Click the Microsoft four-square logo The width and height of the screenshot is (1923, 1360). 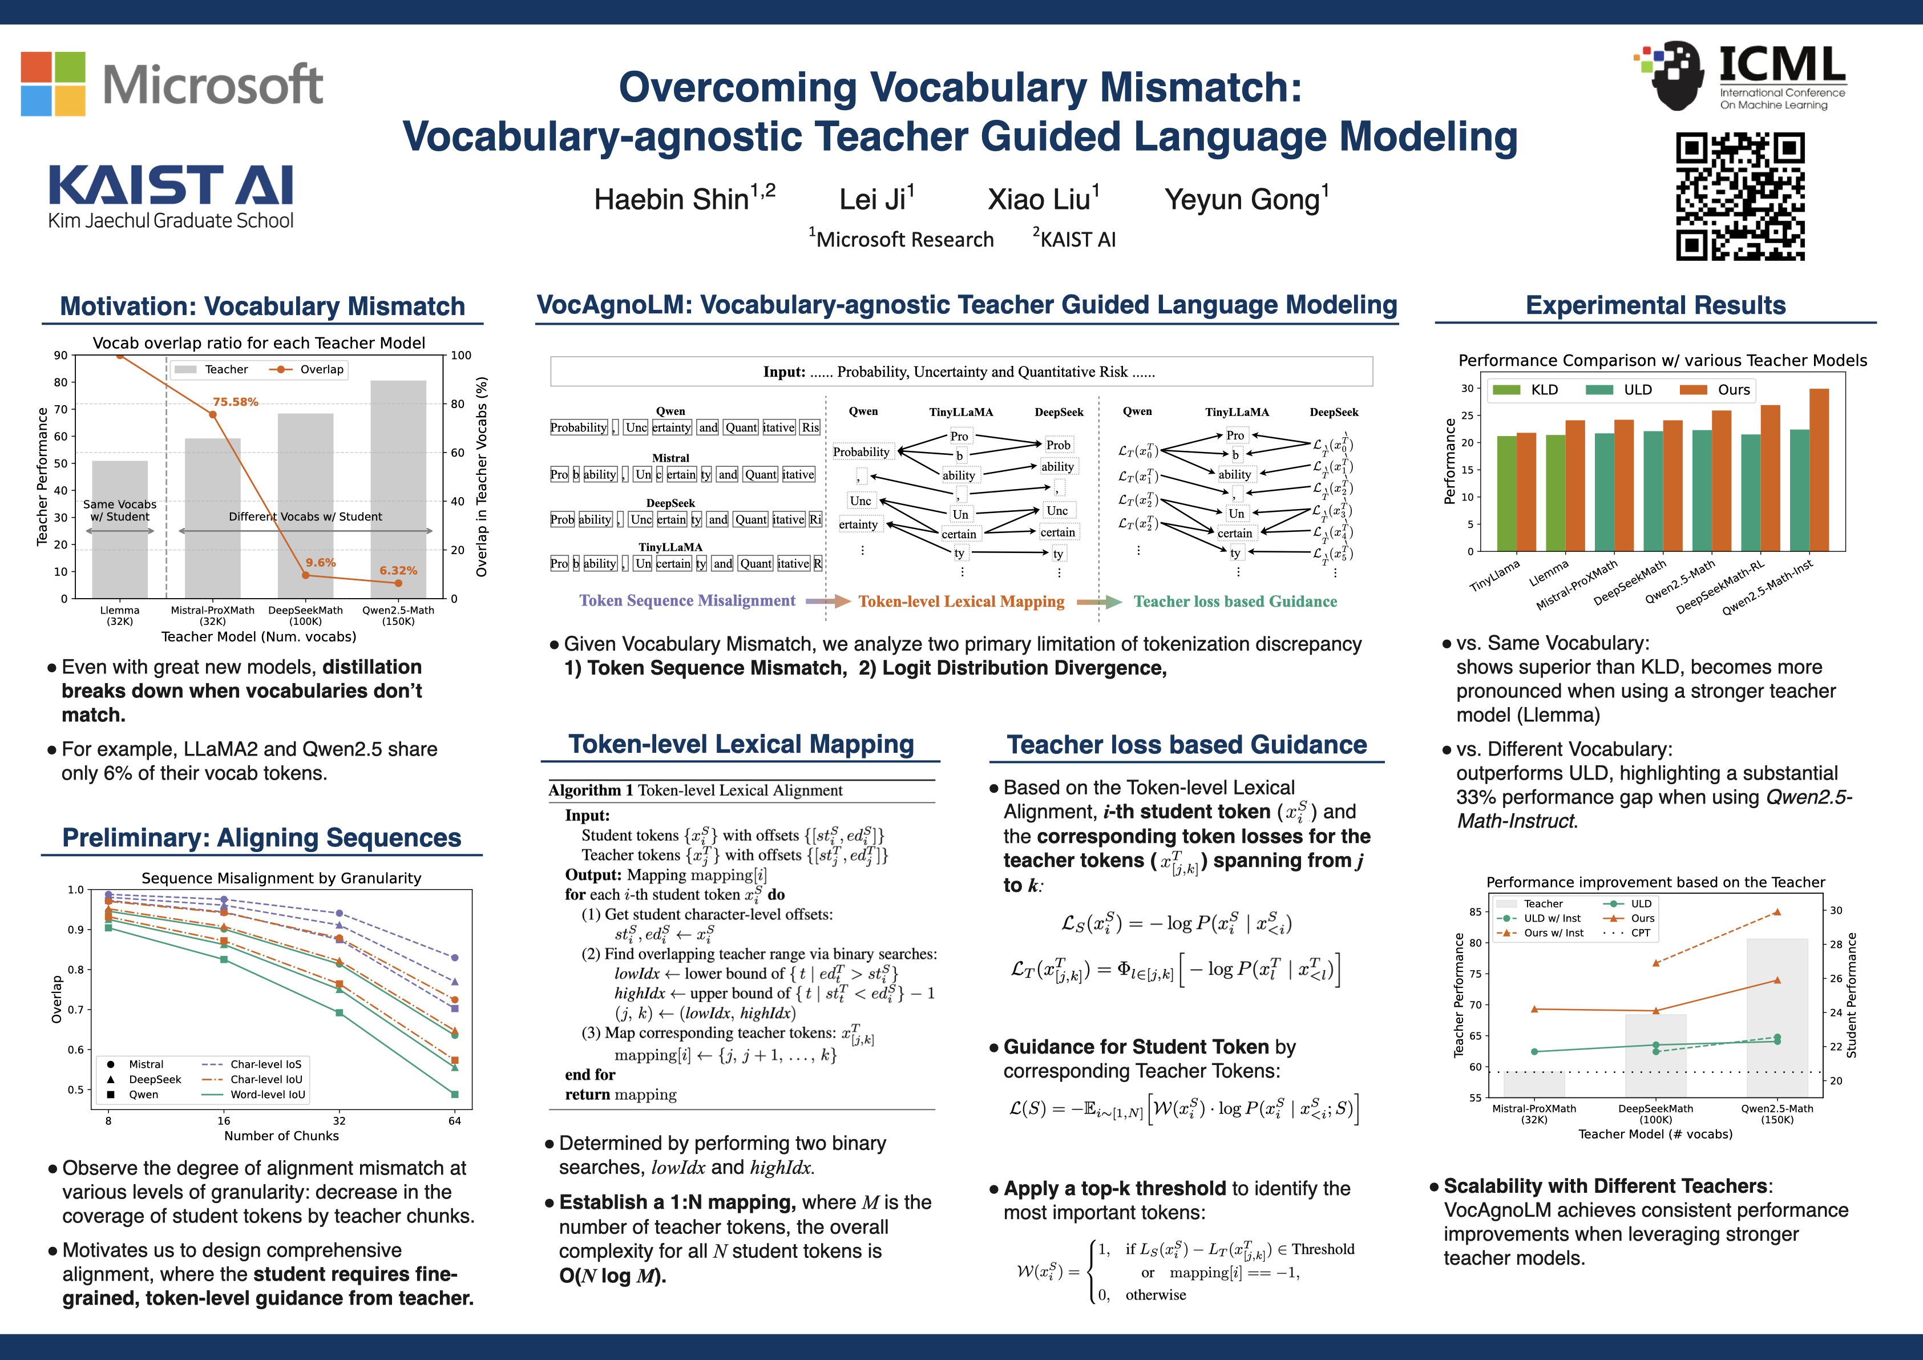pos(52,84)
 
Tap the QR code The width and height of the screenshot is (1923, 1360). pos(1740,197)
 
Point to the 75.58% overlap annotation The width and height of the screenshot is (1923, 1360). pos(235,402)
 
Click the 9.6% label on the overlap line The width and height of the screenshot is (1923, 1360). pos(320,563)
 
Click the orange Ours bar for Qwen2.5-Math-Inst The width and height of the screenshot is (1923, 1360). pos(1819,469)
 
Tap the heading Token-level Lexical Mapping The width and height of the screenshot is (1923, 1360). pos(741,744)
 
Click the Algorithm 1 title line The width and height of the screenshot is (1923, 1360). pos(695,790)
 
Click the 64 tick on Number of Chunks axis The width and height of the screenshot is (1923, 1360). pos(455,1120)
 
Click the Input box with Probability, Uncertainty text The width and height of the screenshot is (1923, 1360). pos(961,372)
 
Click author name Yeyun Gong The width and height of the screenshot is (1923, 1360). pos(1246,199)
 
